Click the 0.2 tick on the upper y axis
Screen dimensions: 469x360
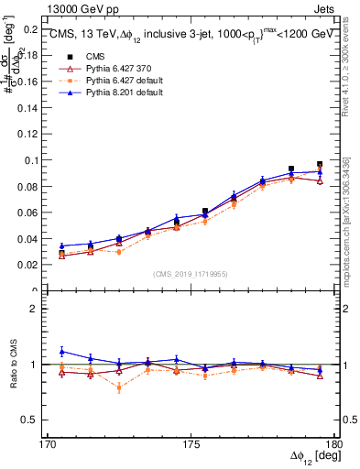pos(34,28)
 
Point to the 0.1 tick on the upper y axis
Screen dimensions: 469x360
pos(34,159)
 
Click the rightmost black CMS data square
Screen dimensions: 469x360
pos(320,165)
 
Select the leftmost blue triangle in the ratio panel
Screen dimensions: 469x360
pos(61,352)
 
